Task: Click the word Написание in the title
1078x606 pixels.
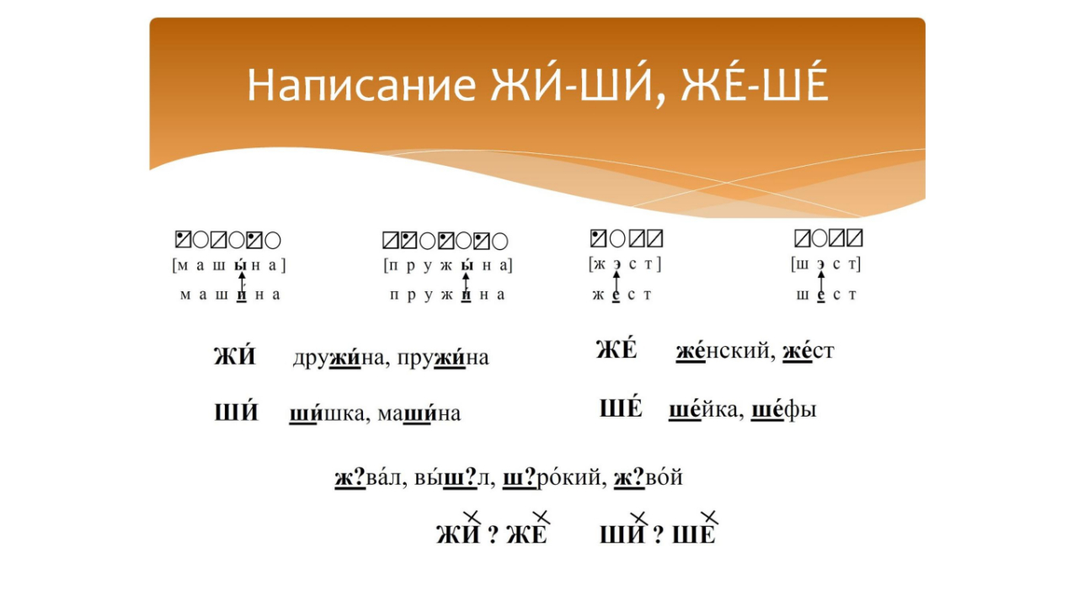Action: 362,86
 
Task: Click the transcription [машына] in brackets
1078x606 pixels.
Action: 229,266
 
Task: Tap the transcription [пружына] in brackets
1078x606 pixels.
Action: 447,266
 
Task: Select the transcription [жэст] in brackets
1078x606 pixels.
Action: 625,264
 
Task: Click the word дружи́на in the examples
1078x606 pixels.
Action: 334,358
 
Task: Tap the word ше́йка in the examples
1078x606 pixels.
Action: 706,410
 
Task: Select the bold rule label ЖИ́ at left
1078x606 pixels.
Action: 234,357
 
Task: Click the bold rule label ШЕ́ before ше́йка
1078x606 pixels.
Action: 621,409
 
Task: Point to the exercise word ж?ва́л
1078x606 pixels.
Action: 370,479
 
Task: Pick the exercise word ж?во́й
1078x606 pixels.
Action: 648,479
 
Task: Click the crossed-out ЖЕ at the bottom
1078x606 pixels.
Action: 527,534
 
